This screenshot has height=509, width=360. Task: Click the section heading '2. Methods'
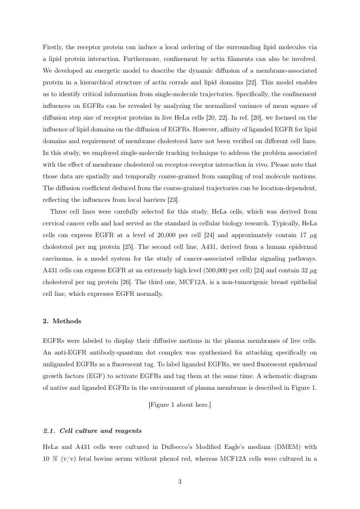point(62,321)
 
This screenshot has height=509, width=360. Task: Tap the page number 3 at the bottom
point(180,482)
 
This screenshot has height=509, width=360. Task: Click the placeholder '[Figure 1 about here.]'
point(180,405)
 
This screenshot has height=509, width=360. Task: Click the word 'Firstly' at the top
point(52,47)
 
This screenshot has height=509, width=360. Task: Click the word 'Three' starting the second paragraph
point(59,211)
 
